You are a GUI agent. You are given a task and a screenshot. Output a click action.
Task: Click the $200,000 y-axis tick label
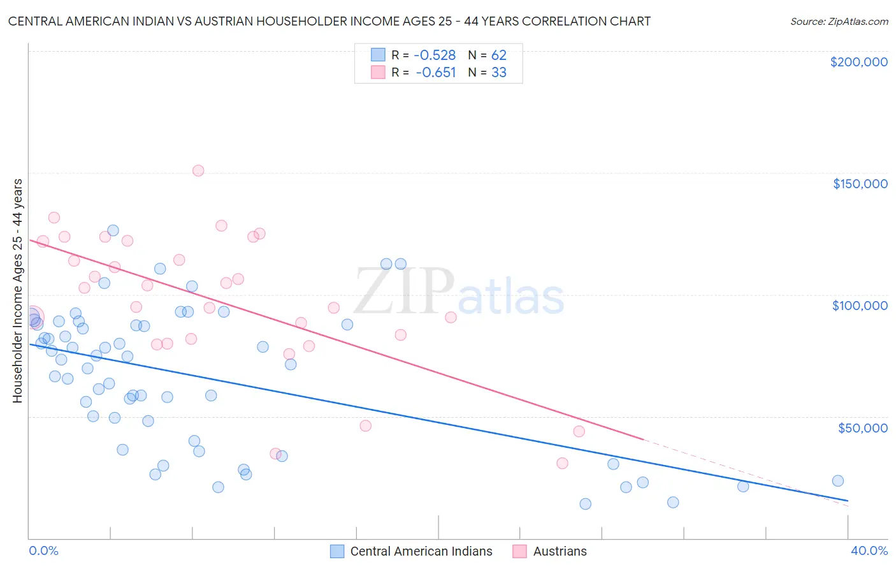click(858, 62)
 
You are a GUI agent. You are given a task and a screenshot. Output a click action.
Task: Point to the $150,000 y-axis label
click(860, 184)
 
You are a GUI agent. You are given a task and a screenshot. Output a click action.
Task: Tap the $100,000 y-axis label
click(860, 306)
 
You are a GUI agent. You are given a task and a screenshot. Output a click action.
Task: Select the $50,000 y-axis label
click(862, 427)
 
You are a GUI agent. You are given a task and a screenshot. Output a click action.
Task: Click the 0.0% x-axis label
click(43, 551)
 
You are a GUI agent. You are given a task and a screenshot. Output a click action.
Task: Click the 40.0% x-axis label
click(869, 551)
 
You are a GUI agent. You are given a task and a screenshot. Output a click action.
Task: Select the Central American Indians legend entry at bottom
click(421, 551)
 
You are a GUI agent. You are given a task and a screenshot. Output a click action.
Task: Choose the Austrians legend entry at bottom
click(559, 551)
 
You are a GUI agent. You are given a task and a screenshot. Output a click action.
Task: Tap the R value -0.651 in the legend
click(436, 73)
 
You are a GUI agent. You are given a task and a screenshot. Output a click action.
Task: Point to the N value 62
click(498, 55)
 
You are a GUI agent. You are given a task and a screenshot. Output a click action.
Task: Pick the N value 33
click(498, 73)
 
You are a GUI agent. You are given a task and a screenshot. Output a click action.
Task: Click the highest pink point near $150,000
click(198, 170)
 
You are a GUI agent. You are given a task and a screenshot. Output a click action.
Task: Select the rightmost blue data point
click(838, 481)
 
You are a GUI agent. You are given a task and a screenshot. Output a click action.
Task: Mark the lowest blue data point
click(586, 504)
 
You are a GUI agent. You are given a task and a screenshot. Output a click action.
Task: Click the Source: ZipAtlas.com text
click(839, 22)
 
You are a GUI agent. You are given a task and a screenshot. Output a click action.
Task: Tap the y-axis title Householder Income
click(17, 290)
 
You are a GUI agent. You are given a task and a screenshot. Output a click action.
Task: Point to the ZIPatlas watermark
click(459, 293)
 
